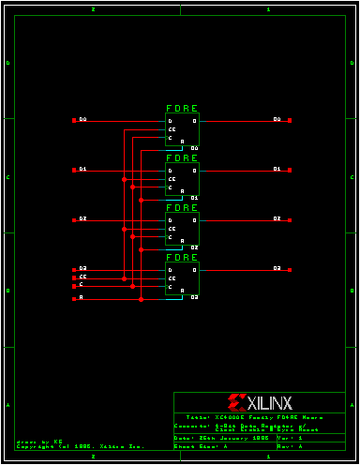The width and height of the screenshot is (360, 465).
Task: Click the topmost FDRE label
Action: point(182,109)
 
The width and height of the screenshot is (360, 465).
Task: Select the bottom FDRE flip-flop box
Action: point(182,278)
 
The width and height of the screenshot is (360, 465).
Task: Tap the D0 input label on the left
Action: point(82,120)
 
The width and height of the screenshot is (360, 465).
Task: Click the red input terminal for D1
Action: point(74,170)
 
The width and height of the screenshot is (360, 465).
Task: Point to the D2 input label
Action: point(82,218)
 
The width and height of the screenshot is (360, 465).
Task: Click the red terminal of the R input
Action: point(74,298)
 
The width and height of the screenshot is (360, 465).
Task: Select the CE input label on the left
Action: point(82,277)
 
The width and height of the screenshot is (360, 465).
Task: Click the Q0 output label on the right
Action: point(277,120)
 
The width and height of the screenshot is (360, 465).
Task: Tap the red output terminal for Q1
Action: point(291,170)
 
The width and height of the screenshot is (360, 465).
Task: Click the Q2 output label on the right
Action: point(277,218)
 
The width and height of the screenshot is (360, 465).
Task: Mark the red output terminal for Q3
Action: point(291,269)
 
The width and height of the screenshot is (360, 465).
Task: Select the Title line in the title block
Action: point(253,415)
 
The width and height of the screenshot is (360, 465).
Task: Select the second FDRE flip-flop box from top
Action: point(182,179)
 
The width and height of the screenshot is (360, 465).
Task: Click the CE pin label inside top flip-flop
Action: point(172,129)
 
